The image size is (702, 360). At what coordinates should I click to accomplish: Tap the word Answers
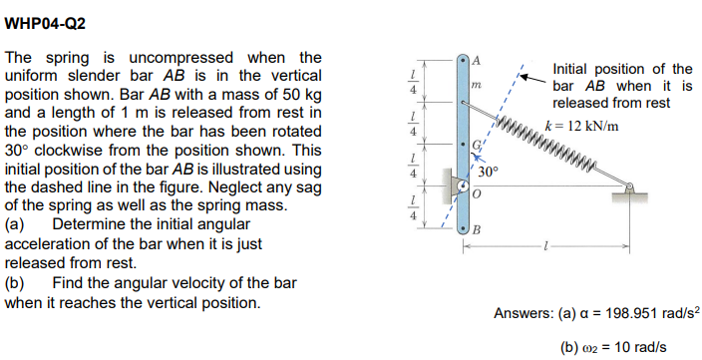point(523,314)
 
